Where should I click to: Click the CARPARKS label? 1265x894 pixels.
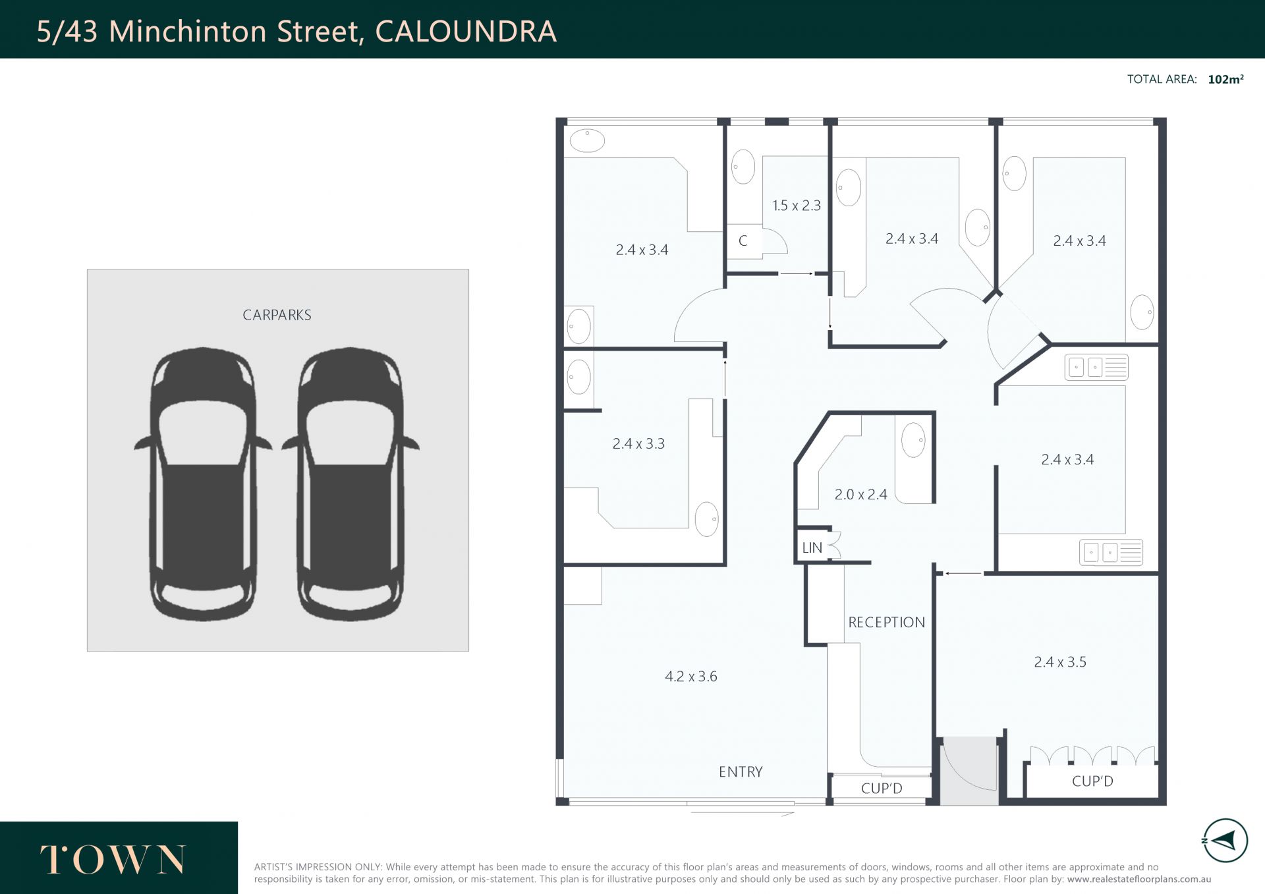[x=277, y=315]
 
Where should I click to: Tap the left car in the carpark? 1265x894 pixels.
[x=203, y=484]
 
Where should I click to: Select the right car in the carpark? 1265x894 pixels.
[x=351, y=484]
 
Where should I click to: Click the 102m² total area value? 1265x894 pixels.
[x=1225, y=79]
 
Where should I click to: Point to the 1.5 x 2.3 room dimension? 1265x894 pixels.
[x=797, y=206]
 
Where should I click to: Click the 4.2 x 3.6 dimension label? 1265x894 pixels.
[x=691, y=676]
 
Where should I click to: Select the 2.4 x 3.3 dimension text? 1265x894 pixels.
[x=638, y=443]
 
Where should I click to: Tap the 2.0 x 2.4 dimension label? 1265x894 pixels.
[x=860, y=494]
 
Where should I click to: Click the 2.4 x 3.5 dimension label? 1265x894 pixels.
[x=1060, y=661]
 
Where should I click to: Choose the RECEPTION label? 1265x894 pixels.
[x=886, y=622]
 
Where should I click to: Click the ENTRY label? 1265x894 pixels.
[x=741, y=771]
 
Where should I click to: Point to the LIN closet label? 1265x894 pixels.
[x=812, y=547]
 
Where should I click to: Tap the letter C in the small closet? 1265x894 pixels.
[x=743, y=240]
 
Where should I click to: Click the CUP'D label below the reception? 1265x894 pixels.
[x=882, y=788]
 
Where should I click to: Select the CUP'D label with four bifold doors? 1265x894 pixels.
[x=1092, y=781]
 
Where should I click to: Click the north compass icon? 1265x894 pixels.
[x=1225, y=841]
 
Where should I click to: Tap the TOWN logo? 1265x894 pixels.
[x=113, y=860]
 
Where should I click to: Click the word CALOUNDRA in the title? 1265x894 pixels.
[x=466, y=31]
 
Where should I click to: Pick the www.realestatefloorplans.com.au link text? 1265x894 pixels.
[x=1139, y=879]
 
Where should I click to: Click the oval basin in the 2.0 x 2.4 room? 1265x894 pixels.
[x=913, y=440]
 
